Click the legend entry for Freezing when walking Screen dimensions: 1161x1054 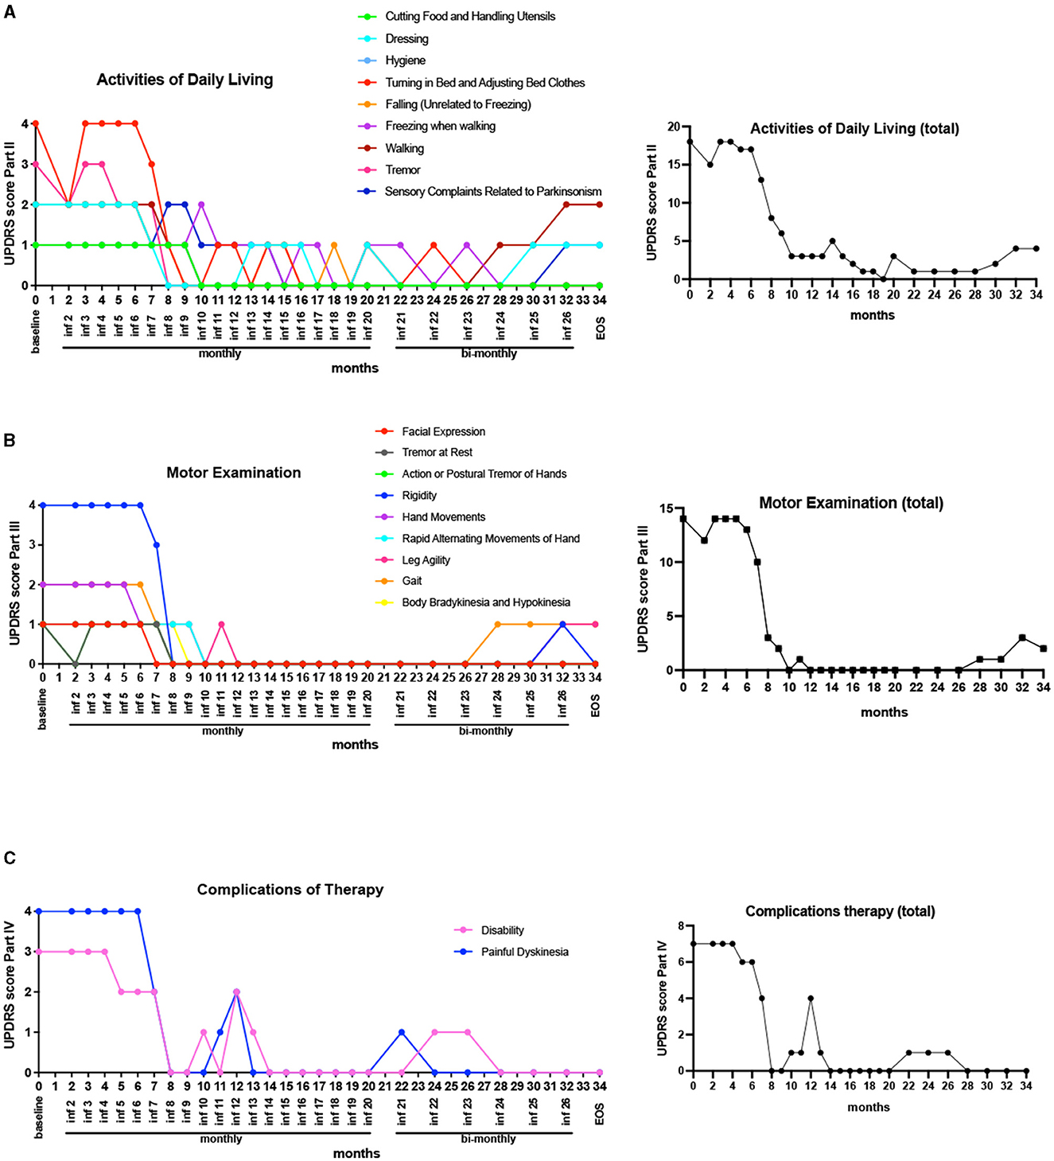[x=440, y=126]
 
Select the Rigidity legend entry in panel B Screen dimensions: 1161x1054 [x=419, y=495]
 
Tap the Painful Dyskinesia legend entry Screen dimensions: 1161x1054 [x=524, y=952]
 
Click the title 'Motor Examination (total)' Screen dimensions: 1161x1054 [x=850, y=503]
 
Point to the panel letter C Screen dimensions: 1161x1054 [x=10, y=858]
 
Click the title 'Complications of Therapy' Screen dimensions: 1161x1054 [x=290, y=890]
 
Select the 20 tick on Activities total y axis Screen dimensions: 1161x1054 [x=675, y=127]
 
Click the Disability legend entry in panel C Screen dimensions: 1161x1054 [x=502, y=930]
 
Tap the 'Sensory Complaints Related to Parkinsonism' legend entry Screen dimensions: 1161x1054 [x=492, y=192]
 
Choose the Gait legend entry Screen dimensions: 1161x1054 [x=411, y=581]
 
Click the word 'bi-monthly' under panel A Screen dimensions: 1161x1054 [x=488, y=353]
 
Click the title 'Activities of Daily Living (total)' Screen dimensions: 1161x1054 [x=854, y=129]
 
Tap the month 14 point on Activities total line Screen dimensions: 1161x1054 [x=832, y=241]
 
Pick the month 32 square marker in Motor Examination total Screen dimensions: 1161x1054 [x=1022, y=638]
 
